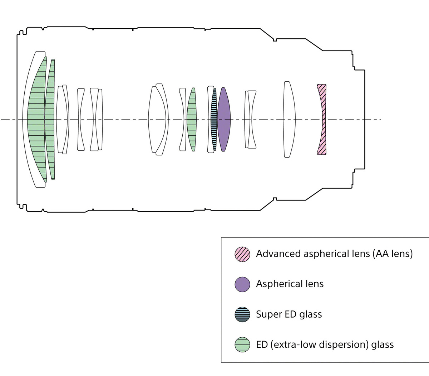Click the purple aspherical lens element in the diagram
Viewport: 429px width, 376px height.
click(224, 119)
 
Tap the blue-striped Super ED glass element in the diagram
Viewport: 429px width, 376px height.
click(214, 119)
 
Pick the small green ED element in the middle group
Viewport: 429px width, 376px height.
click(192, 119)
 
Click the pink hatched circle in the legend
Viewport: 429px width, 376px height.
click(242, 254)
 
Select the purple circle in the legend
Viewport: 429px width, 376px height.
click(242, 284)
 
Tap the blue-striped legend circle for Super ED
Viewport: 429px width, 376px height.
click(242, 314)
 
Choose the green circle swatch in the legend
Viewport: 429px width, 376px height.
click(242, 345)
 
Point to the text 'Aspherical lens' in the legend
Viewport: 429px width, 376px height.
click(290, 284)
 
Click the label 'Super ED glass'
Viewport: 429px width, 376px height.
click(289, 314)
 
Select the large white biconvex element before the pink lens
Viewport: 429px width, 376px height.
click(289, 119)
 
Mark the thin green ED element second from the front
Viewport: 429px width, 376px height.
click(50, 119)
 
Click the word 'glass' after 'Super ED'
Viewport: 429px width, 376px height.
click(311, 315)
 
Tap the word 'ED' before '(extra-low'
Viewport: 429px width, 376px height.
click(262, 345)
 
